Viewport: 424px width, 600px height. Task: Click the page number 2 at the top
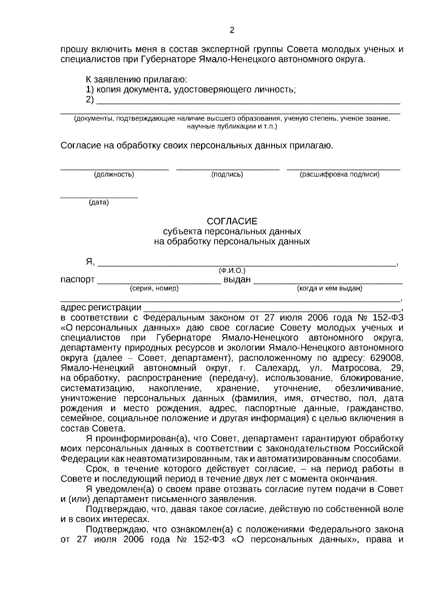232,30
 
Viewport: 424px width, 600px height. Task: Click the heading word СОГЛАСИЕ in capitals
232,222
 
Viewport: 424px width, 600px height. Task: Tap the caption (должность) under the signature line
114,175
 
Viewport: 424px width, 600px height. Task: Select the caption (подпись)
227,175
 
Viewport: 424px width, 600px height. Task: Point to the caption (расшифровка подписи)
339,175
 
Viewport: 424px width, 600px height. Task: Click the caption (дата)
99,203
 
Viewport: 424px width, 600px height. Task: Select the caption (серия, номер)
154,289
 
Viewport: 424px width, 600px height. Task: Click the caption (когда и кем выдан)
329,289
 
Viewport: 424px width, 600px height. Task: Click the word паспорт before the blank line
77,280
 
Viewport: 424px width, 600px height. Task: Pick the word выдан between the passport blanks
237,280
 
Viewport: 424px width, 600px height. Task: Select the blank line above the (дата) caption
99,197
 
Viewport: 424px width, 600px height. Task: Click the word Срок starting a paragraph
97,470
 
